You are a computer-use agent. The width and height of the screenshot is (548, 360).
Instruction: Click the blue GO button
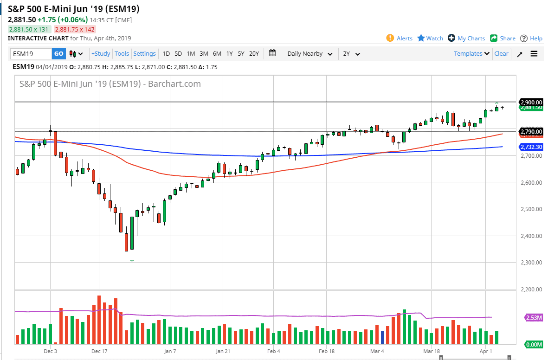point(59,54)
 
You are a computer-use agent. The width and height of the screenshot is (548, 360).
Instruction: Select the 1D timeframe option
point(166,54)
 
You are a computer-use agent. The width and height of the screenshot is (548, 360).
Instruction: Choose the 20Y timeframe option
point(254,54)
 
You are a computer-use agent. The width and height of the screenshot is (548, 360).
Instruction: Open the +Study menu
point(101,54)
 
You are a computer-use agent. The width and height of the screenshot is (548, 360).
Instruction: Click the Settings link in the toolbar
point(144,54)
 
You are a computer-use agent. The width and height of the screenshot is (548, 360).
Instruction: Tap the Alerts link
point(399,39)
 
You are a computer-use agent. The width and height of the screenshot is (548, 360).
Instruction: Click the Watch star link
point(430,39)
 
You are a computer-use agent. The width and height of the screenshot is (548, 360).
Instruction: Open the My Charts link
point(466,39)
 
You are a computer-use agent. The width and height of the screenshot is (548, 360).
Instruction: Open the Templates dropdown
point(471,54)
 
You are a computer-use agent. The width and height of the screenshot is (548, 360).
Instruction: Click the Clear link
point(501,54)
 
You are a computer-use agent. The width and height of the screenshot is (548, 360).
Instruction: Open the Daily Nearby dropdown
point(309,54)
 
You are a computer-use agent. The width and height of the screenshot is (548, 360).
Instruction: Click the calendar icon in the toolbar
point(272,53)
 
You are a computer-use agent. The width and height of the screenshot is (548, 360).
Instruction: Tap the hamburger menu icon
point(534,54)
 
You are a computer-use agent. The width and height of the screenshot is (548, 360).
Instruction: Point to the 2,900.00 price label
point(531,102)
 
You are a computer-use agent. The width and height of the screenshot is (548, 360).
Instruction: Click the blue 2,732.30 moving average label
point(531,147)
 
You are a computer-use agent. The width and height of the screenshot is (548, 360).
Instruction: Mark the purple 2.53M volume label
point(534,317)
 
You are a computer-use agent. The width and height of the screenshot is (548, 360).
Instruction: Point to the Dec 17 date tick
point(99,352)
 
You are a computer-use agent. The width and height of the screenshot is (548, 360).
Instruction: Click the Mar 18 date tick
point(431,352)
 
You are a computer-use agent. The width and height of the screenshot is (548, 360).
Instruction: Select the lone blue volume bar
point(383,337)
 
